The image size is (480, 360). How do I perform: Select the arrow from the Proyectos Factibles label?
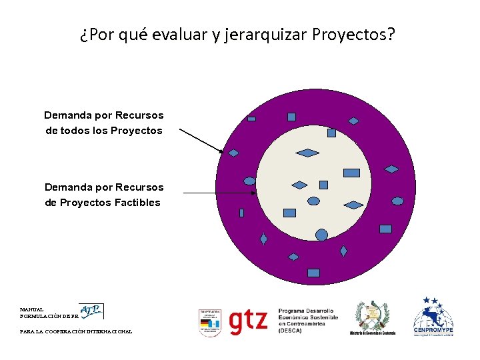pos(220,193)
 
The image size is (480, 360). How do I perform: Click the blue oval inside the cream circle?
pos(313,201)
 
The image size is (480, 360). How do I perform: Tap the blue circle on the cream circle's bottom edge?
pos(321,235)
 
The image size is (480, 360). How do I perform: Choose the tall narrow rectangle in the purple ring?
pos(241,213)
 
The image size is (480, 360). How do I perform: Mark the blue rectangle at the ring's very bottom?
pos(313,273)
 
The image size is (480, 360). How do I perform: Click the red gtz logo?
pos(248,321)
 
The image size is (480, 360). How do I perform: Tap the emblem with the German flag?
pos(210,323)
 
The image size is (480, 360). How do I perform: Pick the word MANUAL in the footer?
pos(32,309)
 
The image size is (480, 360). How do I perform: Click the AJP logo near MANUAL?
pos(91,311)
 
